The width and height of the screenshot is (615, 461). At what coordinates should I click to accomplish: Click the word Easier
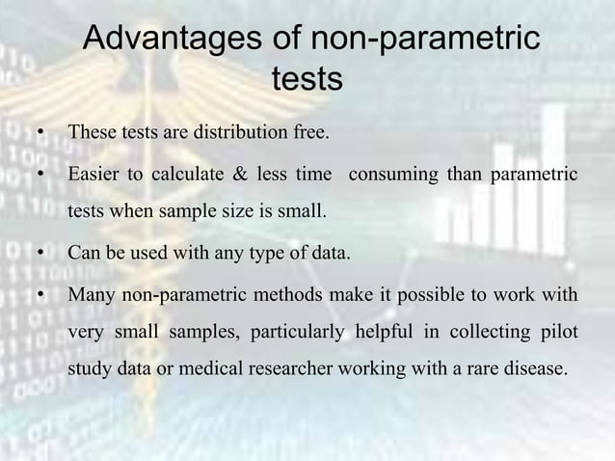coord(94,176)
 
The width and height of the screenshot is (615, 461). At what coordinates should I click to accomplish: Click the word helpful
coord(387,333)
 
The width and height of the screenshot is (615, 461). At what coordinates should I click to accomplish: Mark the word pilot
coord(558,333)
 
